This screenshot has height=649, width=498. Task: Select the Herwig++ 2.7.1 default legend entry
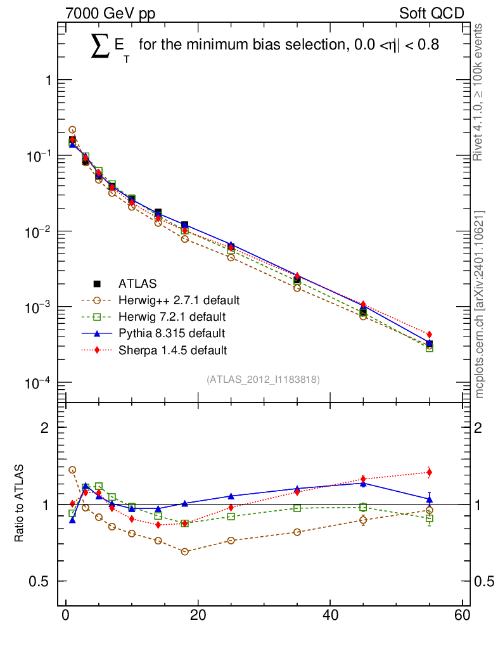coord(178,300)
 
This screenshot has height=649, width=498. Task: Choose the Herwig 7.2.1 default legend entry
coord(172,316)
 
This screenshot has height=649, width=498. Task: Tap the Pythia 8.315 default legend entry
coord(172,333)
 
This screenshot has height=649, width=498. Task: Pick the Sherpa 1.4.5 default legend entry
coord(172,349)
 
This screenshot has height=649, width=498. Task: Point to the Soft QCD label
coord(431,13)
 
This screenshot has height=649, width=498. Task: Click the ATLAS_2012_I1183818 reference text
coord(263,379)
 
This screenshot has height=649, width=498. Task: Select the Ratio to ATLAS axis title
coord(20,504)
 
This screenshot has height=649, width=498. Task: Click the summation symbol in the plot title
coord(100,46)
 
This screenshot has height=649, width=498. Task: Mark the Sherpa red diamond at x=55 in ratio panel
coord(430,472)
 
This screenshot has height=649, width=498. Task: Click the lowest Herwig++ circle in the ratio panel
coord(184,551)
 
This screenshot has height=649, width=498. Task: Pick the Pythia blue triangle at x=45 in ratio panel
coord(363,483)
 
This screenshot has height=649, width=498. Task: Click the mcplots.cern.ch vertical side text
coord(480,304)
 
